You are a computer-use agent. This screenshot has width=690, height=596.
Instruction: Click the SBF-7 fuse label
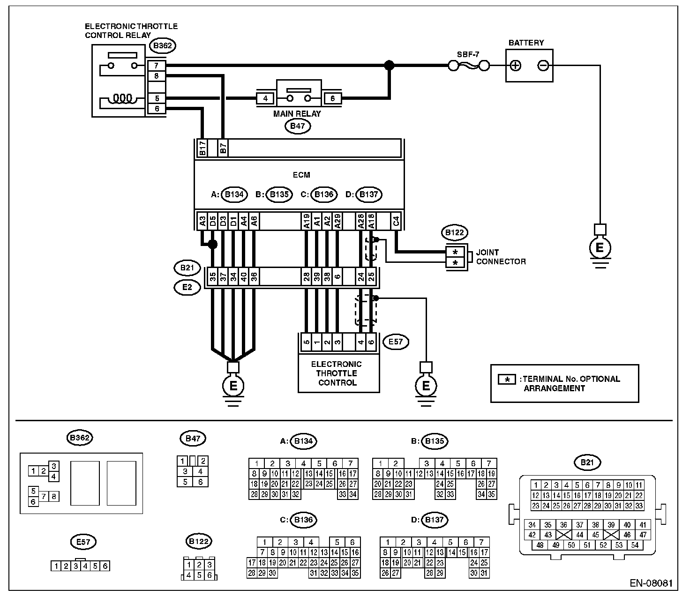[x=468, y=54]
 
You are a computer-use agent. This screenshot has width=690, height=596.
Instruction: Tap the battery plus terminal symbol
[x=516, y=66]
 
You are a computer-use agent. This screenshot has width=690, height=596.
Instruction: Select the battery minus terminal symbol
[x=543, y=66]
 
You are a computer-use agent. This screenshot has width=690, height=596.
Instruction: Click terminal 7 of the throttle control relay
[x=156, y=66]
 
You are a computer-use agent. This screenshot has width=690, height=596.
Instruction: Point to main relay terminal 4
[x=265, y=98]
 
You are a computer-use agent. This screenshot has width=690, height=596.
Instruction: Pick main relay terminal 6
[x=332, y=98]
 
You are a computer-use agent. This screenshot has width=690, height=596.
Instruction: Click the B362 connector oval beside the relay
[x=163, y=45]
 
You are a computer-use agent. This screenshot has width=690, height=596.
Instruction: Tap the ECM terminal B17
[x=202, y=148]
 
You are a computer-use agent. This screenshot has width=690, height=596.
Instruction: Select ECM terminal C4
[x=396, y=221]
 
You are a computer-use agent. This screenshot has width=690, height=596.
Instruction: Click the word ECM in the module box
[x=301, y=175]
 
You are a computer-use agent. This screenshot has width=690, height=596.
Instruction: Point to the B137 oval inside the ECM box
[x=369, y=194]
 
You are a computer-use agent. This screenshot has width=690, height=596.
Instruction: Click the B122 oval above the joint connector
[x=455, y=232]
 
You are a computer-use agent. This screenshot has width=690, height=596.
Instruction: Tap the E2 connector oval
[x=187, y=287]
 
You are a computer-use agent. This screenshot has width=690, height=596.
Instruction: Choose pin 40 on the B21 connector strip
[x=244, y=276]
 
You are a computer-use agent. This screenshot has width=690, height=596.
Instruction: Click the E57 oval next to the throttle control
[x=396, y=342]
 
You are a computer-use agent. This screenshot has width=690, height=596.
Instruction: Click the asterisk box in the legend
[x=507, y=380]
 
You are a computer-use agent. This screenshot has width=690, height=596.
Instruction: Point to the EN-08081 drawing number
[x=651, y=583]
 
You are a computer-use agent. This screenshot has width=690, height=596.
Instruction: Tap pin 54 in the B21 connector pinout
[x=635, y=545]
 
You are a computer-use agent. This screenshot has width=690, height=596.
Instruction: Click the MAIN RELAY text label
[x=297, y=114]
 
